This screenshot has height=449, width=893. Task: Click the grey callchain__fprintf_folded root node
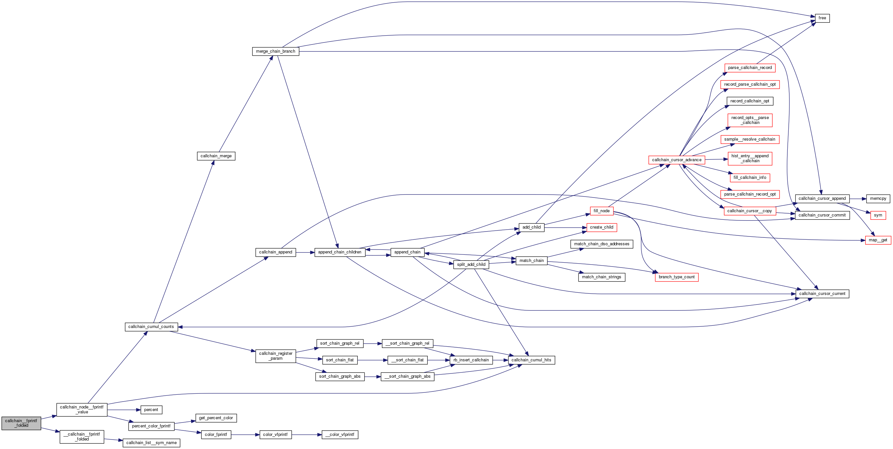point(21,423)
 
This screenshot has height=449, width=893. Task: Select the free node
point(822,18)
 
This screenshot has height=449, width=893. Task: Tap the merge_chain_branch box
point(276,51)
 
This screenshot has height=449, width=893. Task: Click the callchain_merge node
point(216,156)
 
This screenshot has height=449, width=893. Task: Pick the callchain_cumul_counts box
point(151,327)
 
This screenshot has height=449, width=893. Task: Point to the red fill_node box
point(601,211)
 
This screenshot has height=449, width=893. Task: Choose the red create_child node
point(601,228)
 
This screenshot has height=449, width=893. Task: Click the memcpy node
point(878,199)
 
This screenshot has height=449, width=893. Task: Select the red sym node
point(878,215)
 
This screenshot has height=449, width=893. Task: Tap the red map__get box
point(878,240)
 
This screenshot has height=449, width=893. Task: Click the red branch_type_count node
point(676,277)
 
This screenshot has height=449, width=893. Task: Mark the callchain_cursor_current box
point(822,294)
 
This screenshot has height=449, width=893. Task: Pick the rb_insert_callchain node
point(471,360)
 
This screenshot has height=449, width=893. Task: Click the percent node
point(151,410)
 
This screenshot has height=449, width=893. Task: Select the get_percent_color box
point(216,418)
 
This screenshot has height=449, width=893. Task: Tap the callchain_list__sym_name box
point(151,443)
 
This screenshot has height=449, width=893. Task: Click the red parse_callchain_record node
point(749,68)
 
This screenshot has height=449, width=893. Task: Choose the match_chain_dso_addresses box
point(601,244)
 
